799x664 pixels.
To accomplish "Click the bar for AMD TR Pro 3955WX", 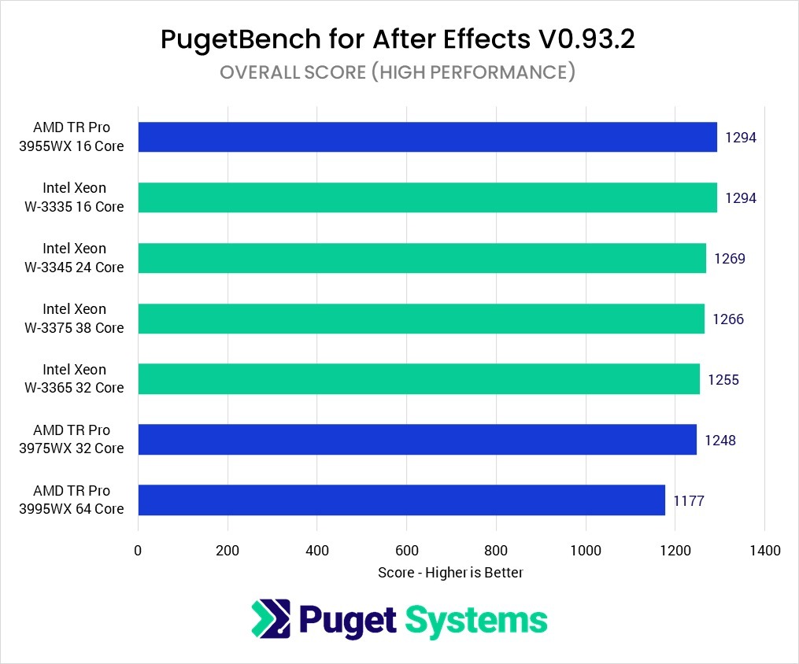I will click(427, 137).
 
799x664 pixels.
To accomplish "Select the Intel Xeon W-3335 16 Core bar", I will click(427, 197).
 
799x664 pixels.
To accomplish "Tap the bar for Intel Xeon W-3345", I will click(422, 258).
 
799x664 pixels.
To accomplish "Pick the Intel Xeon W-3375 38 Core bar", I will click(421, 319).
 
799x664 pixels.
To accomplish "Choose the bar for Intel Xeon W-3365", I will click(419, 379).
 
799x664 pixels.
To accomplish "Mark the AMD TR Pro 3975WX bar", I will click(417, 440).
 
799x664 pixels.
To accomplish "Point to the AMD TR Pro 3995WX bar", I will click(401, 500).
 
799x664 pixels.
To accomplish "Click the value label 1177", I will click(689, 501).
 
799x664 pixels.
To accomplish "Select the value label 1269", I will click(730, 259).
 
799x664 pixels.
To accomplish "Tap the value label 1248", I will click(720, 441).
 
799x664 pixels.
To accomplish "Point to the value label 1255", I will click(723, 380).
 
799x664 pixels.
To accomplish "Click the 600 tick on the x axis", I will click(406, 551).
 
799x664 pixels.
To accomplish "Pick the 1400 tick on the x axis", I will click(764, 551).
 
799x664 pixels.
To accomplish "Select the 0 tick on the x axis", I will click(138, 551).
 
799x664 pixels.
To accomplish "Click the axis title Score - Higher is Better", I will click(450, 573).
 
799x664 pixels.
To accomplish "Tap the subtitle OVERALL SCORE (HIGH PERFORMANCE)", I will click(398, 72).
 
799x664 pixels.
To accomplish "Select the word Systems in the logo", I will click(475, 621).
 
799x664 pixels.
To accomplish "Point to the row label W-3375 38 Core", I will click(75, 328).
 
